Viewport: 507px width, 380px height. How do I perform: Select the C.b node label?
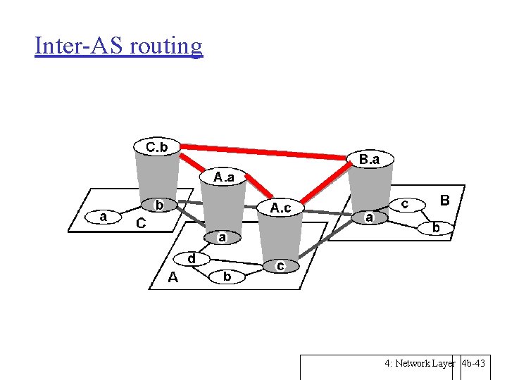156,147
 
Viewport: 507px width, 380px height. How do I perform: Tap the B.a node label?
369,160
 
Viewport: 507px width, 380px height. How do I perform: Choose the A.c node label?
280,208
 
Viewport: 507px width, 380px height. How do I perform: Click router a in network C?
104,217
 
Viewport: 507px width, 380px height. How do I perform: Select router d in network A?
192,258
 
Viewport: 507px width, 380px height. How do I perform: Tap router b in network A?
227,277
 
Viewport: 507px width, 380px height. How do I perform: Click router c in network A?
280,266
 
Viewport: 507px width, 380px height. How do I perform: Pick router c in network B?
405,203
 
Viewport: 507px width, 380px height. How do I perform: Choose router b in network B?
436,228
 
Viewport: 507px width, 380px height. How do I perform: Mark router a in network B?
369,218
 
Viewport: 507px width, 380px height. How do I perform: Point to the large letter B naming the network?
444,201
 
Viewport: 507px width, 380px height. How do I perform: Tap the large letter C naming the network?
141,224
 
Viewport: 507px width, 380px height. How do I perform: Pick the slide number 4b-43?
474,364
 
